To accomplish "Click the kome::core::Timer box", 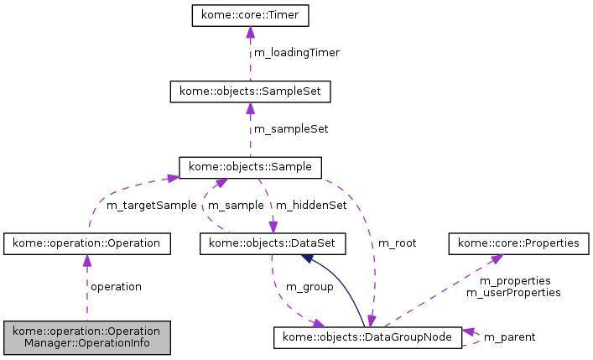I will (250, 16).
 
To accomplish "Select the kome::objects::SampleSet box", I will (250, 91).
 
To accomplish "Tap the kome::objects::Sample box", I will (250, 167).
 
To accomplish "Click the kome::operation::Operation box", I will (87, 243).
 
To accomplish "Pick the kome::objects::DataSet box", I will (272, 243).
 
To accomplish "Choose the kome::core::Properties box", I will (518, 243).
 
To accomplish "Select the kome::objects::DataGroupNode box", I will (367, 337).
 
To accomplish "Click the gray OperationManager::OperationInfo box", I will (87, 337).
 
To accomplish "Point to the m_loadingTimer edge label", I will (296, 52).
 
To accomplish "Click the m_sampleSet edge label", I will (291, 129).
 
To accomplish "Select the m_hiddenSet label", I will (311, 205).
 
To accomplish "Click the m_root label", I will (397, 243).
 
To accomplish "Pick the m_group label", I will (310, 287).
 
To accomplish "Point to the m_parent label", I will (510, 337).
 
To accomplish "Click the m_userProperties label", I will (513, 293).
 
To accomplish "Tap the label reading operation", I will (116, 287).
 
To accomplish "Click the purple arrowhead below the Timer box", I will (250, 33).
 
